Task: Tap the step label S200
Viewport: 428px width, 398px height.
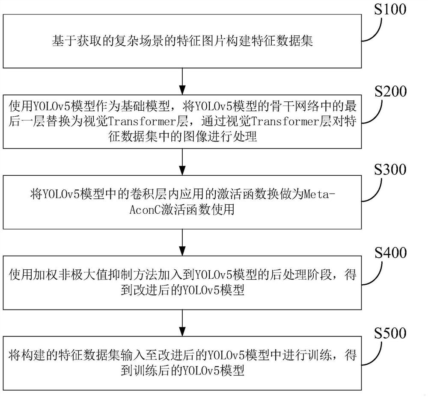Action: (390, 92)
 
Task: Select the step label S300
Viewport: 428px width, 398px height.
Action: (390, 170)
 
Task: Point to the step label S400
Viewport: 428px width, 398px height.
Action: (390, 253)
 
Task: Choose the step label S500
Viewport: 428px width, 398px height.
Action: (390, 333)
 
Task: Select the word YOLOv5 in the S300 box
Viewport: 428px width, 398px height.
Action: (59, 195)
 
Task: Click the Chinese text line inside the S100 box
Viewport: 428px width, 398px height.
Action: (183, 41)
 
